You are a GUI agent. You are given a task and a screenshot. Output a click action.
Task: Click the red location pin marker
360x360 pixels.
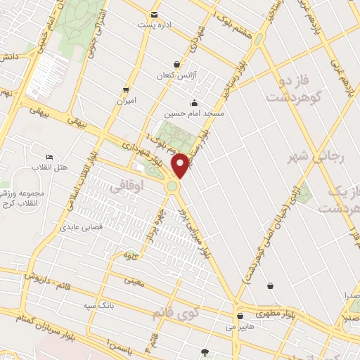(181, 166)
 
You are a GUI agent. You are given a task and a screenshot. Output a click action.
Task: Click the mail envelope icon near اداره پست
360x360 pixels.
(154, 15)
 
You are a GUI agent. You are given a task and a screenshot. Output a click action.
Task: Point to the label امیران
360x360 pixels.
(125, 101)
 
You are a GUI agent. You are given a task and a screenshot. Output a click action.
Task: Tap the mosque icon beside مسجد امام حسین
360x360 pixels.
(194, 103)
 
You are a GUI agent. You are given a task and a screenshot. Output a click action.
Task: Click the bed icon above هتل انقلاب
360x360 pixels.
(49, 156)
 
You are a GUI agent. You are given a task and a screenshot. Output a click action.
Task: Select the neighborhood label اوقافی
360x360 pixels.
(127, 186)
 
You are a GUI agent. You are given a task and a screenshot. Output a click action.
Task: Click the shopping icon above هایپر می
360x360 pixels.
(241, 316)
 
